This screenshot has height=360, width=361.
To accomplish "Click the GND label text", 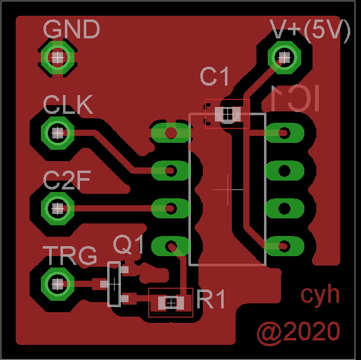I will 71,29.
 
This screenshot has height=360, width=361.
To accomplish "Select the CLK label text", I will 68,104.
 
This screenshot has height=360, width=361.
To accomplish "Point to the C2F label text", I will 67,181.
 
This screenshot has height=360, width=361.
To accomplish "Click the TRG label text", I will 71,256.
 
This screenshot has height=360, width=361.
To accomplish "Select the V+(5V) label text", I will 309,30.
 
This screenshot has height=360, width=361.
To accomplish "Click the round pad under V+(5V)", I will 283,57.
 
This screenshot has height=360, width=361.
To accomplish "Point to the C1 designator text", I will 214,77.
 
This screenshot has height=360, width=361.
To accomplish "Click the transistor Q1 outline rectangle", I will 114,284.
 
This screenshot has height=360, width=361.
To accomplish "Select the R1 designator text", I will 211,300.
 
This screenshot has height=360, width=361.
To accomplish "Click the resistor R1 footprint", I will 171,303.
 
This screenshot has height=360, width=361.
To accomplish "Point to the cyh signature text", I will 319,294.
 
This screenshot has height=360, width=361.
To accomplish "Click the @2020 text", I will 298,332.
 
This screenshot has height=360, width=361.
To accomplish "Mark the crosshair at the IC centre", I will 227,189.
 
